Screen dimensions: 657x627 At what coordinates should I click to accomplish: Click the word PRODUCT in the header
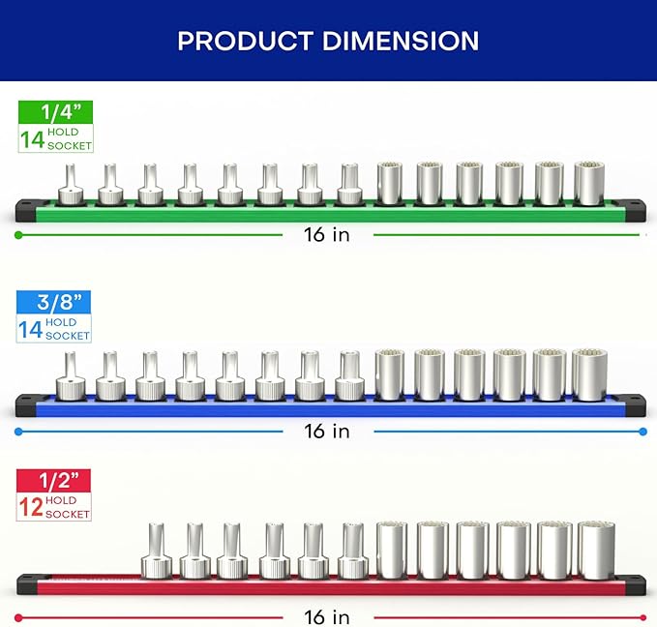[x=245, y=41]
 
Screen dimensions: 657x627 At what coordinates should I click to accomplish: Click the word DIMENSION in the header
[x=401, y=41]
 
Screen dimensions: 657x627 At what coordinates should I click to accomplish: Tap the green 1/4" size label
[x=55, y=112]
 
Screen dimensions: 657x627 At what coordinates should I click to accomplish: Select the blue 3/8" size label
[x=53, y=302]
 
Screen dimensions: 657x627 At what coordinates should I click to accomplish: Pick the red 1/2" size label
[x=53, y=481]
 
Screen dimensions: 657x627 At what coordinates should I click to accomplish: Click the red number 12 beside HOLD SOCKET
[x=31, y=507]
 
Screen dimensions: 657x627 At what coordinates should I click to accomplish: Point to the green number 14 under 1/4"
[x=32, y=140]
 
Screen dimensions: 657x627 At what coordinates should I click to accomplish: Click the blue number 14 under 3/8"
[x=30, y=330]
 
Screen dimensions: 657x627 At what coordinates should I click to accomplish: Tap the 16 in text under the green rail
[x=327, y=235]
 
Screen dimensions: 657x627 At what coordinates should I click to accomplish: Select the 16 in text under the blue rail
[x=327, y=432]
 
